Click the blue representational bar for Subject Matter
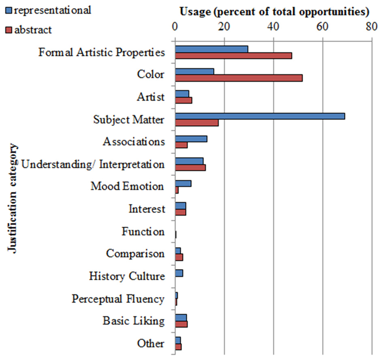259,116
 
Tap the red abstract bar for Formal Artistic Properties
233,55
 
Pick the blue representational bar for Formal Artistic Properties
211,49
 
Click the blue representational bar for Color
194,72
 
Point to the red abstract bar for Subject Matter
197,123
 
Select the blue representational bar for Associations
191,138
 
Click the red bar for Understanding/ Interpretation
190,168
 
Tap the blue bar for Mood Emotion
183,183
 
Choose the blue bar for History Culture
179,273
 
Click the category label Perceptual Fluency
118,299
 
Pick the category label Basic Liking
133,321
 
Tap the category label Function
143,232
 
